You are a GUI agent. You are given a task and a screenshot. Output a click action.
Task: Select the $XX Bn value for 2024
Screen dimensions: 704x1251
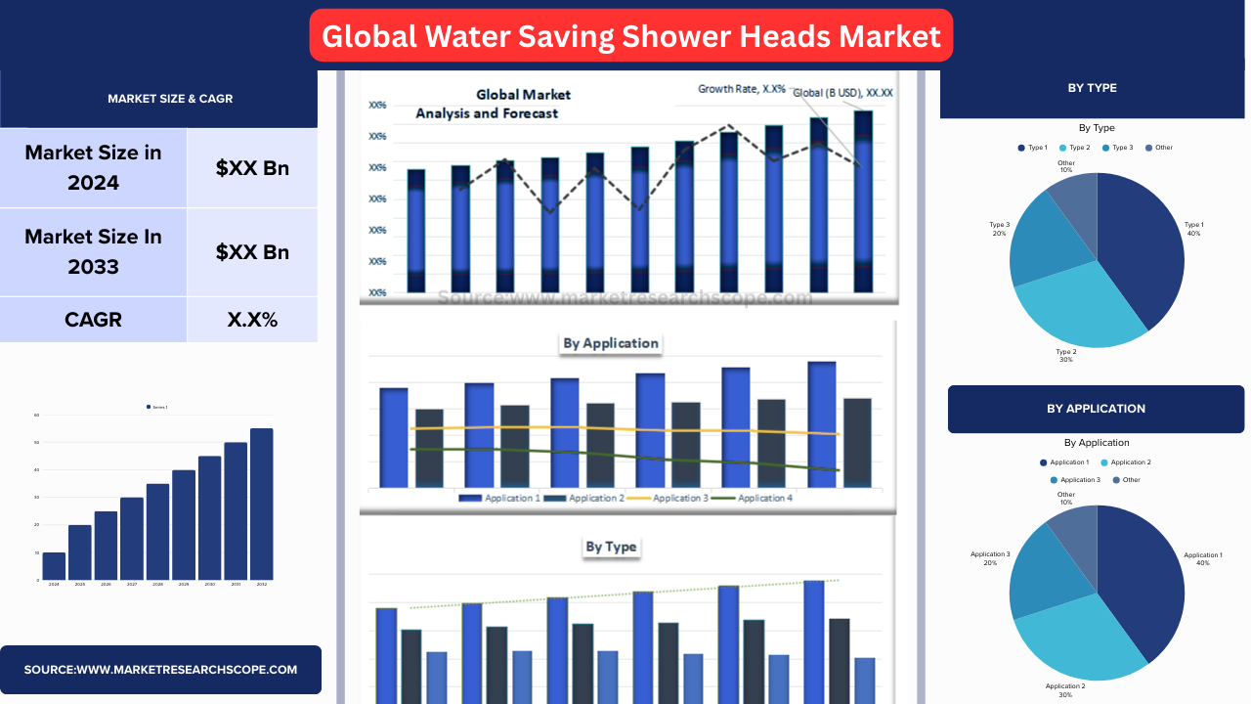(x=252, y=167)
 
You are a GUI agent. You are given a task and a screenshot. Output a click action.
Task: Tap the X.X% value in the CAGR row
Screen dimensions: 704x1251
(x=252, y=320)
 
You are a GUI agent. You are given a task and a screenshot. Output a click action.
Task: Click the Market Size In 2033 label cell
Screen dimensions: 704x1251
(x=93, y=251)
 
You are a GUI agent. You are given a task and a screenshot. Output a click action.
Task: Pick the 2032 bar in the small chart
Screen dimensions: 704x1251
(x=261, y=504)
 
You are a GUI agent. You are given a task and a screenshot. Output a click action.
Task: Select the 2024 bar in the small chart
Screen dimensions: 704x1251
(x=54, y=566)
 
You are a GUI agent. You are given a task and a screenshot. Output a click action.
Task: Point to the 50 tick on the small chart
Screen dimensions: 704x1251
(x=36, y=443)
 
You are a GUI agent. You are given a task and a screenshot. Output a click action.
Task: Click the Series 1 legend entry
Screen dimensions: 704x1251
(x=157, y=407)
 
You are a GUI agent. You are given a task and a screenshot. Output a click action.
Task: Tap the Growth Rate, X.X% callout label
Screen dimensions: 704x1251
(x=741, y=89)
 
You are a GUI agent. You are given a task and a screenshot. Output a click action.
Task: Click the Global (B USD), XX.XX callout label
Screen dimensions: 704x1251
(x=842, y=93)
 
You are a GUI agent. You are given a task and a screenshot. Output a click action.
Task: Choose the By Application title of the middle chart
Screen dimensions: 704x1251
(x=611, y=343)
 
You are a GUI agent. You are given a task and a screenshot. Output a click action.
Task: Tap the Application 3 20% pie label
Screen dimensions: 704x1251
(x=989, y=558)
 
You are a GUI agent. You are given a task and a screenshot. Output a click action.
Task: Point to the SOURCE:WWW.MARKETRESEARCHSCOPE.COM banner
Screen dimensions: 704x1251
(x=160, y=670)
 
